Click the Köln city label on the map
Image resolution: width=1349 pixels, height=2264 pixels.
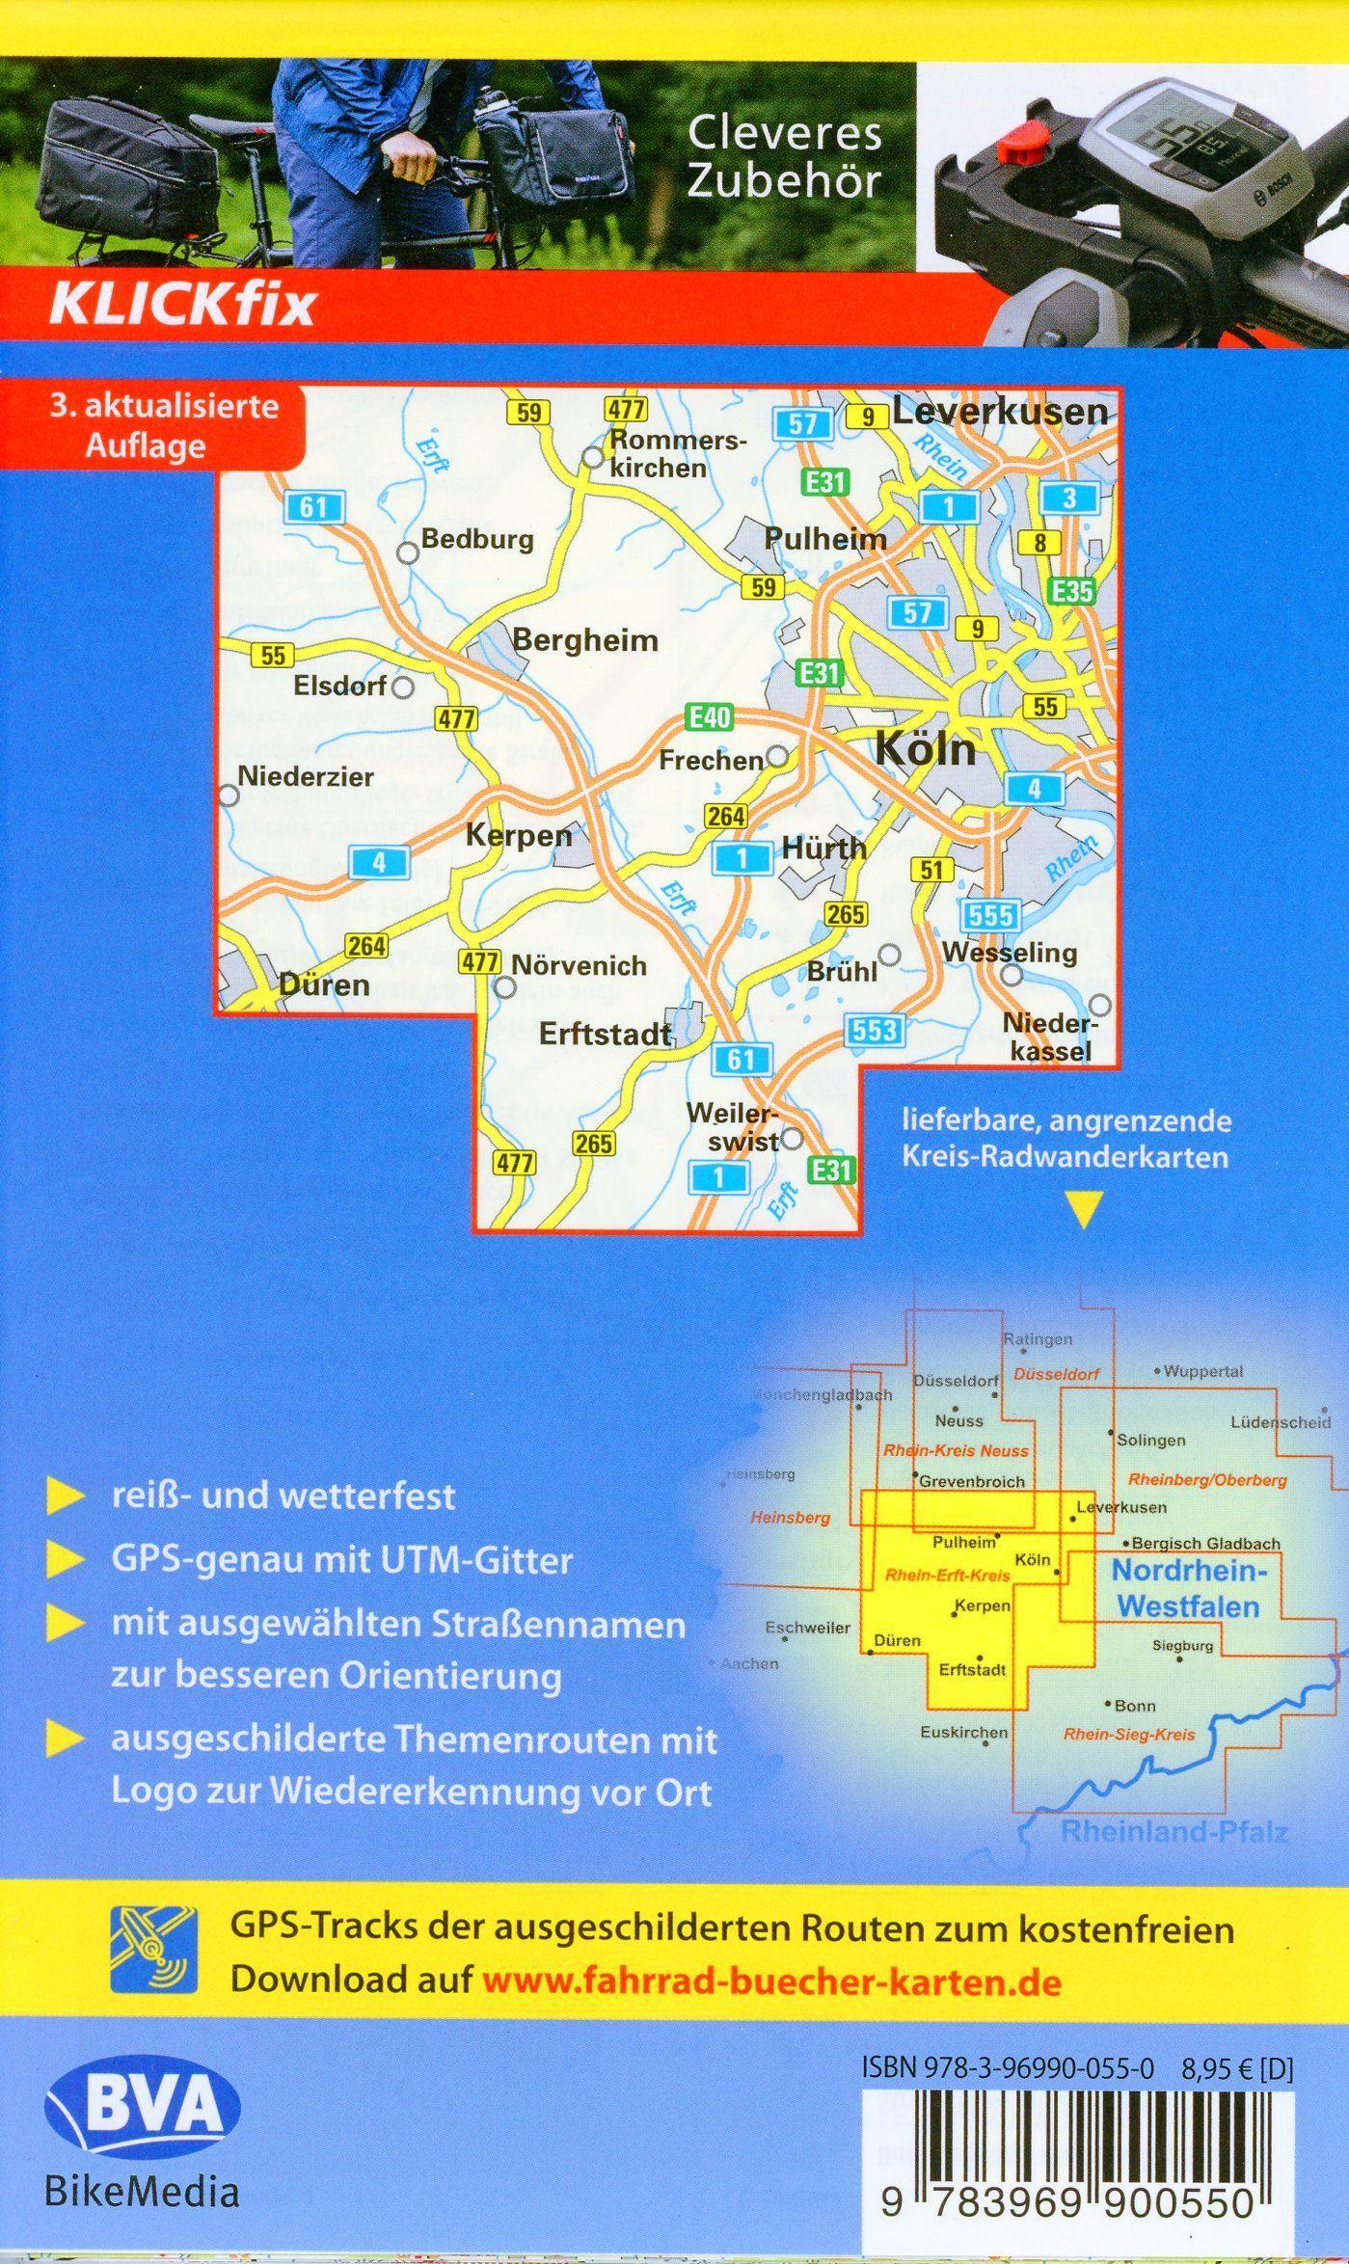[925, 749]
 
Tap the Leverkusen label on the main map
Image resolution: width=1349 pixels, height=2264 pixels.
[999, 412]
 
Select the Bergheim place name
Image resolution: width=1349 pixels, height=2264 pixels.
[584, 640]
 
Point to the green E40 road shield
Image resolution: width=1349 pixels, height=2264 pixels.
[709, 717]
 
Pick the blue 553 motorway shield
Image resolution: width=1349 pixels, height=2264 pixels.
[875, 1031]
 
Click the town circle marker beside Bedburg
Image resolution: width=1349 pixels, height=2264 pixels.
[408, 553]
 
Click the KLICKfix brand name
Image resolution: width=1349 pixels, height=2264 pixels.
[182, 305]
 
